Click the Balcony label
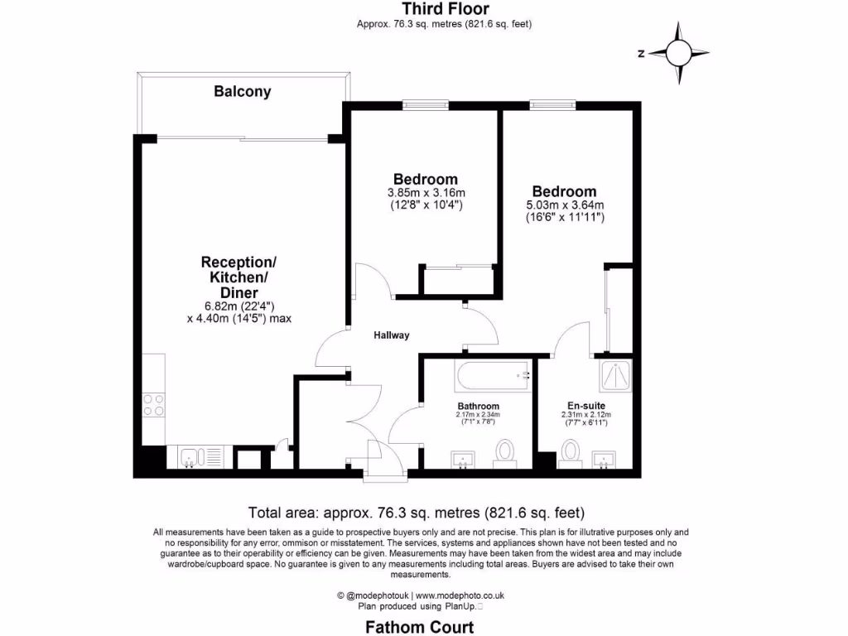coord(243,92)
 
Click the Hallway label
coord(391,335)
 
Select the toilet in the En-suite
coord(570,452)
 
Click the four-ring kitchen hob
coord(154,404)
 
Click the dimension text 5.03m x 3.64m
coord(565,205)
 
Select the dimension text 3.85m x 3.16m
coord(426,193)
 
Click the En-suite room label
coord(584,406)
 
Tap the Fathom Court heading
coord(420,628)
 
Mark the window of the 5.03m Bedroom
coord(552,104)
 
